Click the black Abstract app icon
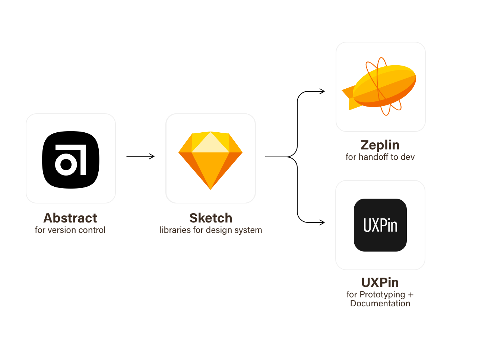click(70, 160)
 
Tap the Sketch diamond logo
click(210, 160)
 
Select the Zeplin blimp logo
click(379, 86)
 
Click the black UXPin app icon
click(380, 225)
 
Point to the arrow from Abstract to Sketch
click(140, 156)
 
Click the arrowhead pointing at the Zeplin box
click(322, 91)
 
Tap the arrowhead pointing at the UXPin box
click(322, 222)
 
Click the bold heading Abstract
click(70, 218)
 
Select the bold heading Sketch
click(210, 218)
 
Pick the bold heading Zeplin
click(380, 145)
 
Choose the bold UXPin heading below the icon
click(380, 282)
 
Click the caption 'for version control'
click(70, 230)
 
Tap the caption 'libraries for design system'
click(211, 230)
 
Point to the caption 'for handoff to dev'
click(380, 157)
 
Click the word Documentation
click(380, 303)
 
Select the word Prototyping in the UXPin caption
click(382, 295)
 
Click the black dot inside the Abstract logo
click(66, 165)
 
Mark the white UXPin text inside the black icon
click(380, 225)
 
